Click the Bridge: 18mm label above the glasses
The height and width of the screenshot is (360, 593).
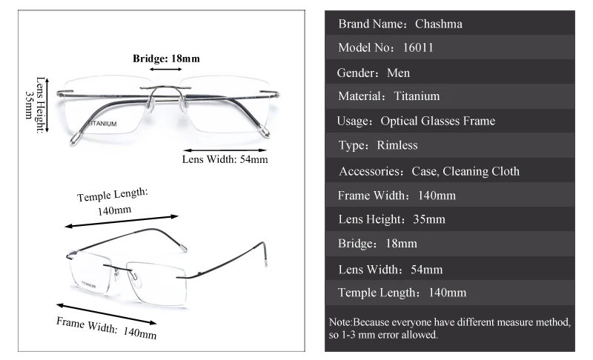(x=166, y=58)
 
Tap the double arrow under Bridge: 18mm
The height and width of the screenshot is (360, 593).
(x=166, y=69)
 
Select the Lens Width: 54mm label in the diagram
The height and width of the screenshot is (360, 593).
(x=225, y=159)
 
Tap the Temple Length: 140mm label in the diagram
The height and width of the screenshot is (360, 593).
(x=114, y=201)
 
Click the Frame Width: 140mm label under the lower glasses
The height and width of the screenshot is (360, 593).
(x=107, y=327)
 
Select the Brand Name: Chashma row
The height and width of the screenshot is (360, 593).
(x=449, y=24)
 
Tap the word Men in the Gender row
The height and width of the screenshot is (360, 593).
(x=398, y=73)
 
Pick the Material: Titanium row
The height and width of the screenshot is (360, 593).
(x=449, y=96)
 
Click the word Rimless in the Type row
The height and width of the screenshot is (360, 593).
(x=397, y=145)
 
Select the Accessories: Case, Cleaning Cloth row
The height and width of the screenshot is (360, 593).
(x=449, y=171)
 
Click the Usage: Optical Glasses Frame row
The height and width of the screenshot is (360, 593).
(x=449, y=121)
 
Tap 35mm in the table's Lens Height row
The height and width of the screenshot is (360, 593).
(x=429, y=219)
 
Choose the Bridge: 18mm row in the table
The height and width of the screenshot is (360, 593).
(x=449, y=243)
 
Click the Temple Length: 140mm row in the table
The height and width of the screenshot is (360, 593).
(x=449, y=293)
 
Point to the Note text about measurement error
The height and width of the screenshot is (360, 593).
(x=449, y=329)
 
